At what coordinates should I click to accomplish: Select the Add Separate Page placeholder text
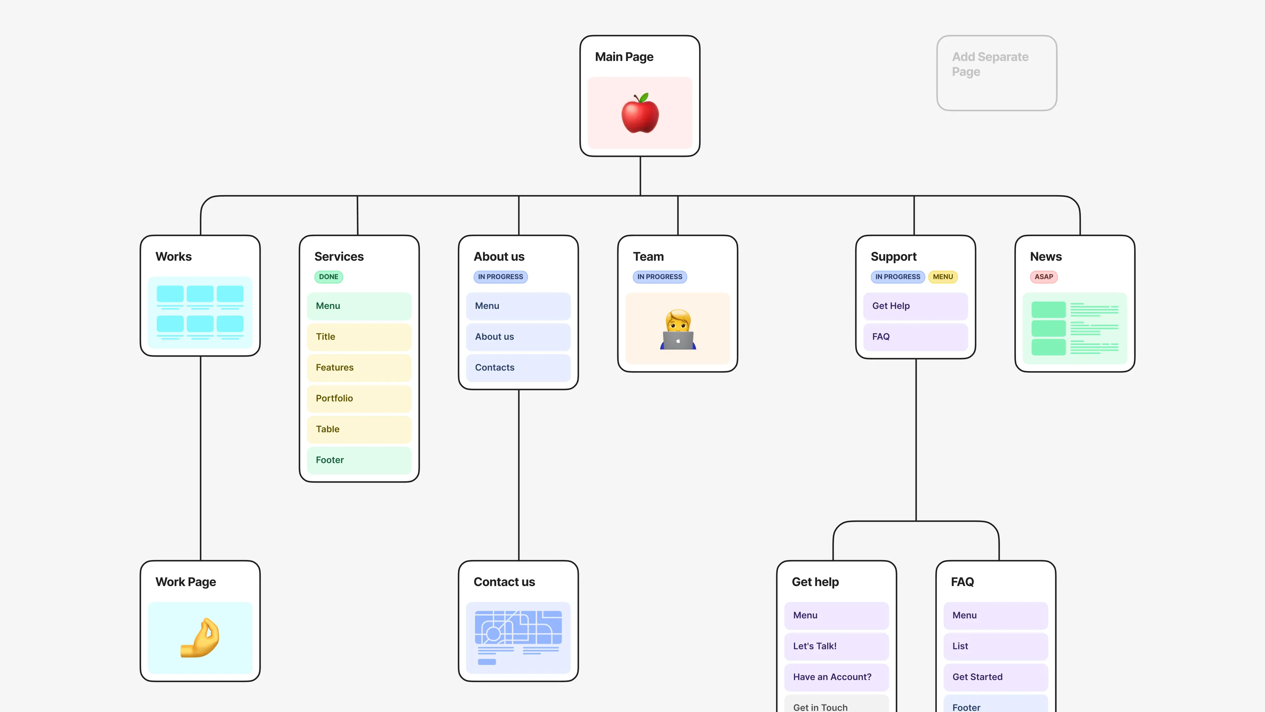coord(990,64)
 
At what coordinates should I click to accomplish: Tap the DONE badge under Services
coord(328,277)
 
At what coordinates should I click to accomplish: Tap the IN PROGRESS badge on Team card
coord(660,277)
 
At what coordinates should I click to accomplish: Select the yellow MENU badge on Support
coord(942,277)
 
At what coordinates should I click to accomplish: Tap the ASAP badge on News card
coord(1044,277)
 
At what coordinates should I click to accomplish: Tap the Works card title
coord(173,256)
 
